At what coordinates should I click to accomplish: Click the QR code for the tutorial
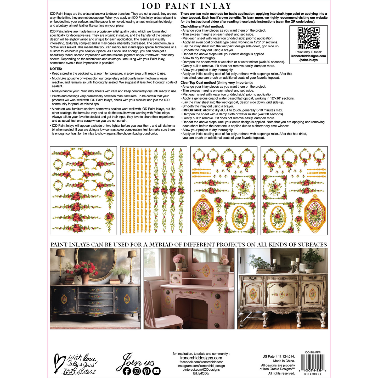[x=308, y=38]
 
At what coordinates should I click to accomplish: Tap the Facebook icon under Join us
[x=127, y=371]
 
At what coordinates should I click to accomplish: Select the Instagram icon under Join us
[x=137, y=371]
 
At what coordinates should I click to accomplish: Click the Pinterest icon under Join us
[x=146, y=371]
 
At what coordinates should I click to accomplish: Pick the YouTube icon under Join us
[x=156, y=371]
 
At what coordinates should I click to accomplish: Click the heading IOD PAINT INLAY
[x=187, y=6]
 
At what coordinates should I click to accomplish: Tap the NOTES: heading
[x=56, y=69]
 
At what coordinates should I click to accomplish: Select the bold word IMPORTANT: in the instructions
[x=192, y=110]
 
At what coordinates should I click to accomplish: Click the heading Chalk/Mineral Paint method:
[x=202, y=26]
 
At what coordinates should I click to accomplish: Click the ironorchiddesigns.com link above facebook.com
[x=201, y=358]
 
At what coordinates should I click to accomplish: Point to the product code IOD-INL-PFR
[x=313, y=352]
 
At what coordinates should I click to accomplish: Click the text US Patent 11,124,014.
[x=279, y=356]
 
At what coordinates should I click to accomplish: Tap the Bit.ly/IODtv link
[x=201, y=373]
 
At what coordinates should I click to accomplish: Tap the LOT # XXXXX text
[x=312, y=374]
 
